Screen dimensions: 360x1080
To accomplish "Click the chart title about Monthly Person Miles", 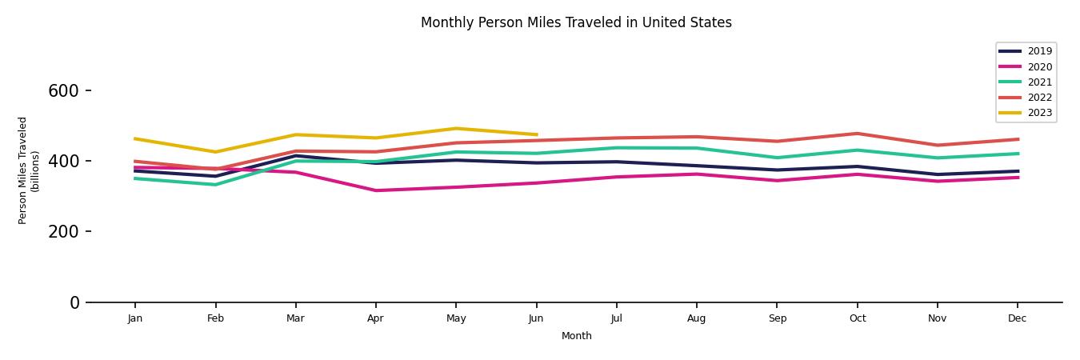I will click(576, 22).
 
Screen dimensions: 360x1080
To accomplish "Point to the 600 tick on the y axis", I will click(63, 91).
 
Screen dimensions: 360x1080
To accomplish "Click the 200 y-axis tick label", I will click(63, 232).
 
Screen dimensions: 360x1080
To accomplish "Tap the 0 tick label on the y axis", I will click(74, 302).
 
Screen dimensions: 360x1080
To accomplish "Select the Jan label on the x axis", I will click(135, 318).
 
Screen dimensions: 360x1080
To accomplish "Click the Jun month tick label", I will click(536, 318).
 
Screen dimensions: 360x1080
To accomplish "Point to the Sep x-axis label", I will click(777, 318).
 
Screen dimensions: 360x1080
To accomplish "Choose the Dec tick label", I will click(1017, 318).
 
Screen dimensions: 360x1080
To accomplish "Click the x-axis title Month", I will click(576, 336).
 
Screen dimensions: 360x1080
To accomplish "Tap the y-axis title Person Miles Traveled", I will click(29, 170).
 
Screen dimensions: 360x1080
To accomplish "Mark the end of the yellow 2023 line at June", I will click(536, 134).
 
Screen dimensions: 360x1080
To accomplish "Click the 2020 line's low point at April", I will click(375, 190).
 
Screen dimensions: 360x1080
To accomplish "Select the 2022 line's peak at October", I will click(857, 134).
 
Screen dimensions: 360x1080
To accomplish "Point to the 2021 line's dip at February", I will click(215, 185).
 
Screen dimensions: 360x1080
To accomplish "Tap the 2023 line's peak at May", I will click(456, 129).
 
